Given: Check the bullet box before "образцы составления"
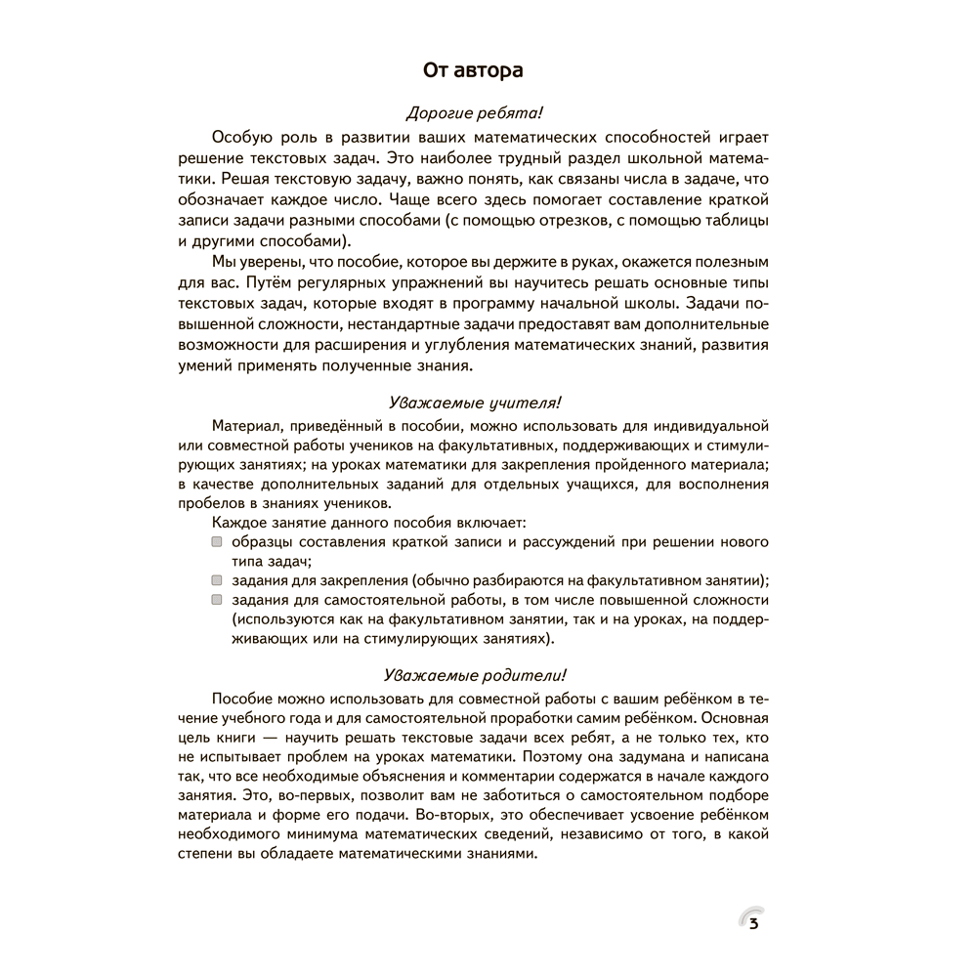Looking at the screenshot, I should tap(216, 541).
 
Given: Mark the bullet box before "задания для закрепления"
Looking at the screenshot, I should tap(216, 579).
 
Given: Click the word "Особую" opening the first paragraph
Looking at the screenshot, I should tap(239, 139).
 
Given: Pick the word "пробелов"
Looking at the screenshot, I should tap(211, 503).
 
